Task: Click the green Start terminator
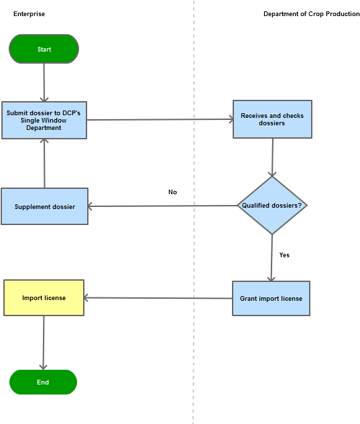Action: [44, 49]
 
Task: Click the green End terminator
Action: [43, 382]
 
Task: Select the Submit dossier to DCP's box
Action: [44, 120]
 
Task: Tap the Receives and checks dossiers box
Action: [272, 119]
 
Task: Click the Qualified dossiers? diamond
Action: [272, 206]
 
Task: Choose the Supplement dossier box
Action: [44, 206]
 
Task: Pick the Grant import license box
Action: [271, 298]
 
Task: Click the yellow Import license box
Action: [44, 297]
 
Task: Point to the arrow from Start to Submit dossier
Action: [44, 82]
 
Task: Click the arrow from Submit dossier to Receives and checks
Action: [160, 120]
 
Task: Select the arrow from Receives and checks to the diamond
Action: [272, 157]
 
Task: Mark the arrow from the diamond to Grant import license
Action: [272, 257]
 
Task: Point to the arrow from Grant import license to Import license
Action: [158, 298]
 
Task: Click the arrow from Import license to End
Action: [44, 342]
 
